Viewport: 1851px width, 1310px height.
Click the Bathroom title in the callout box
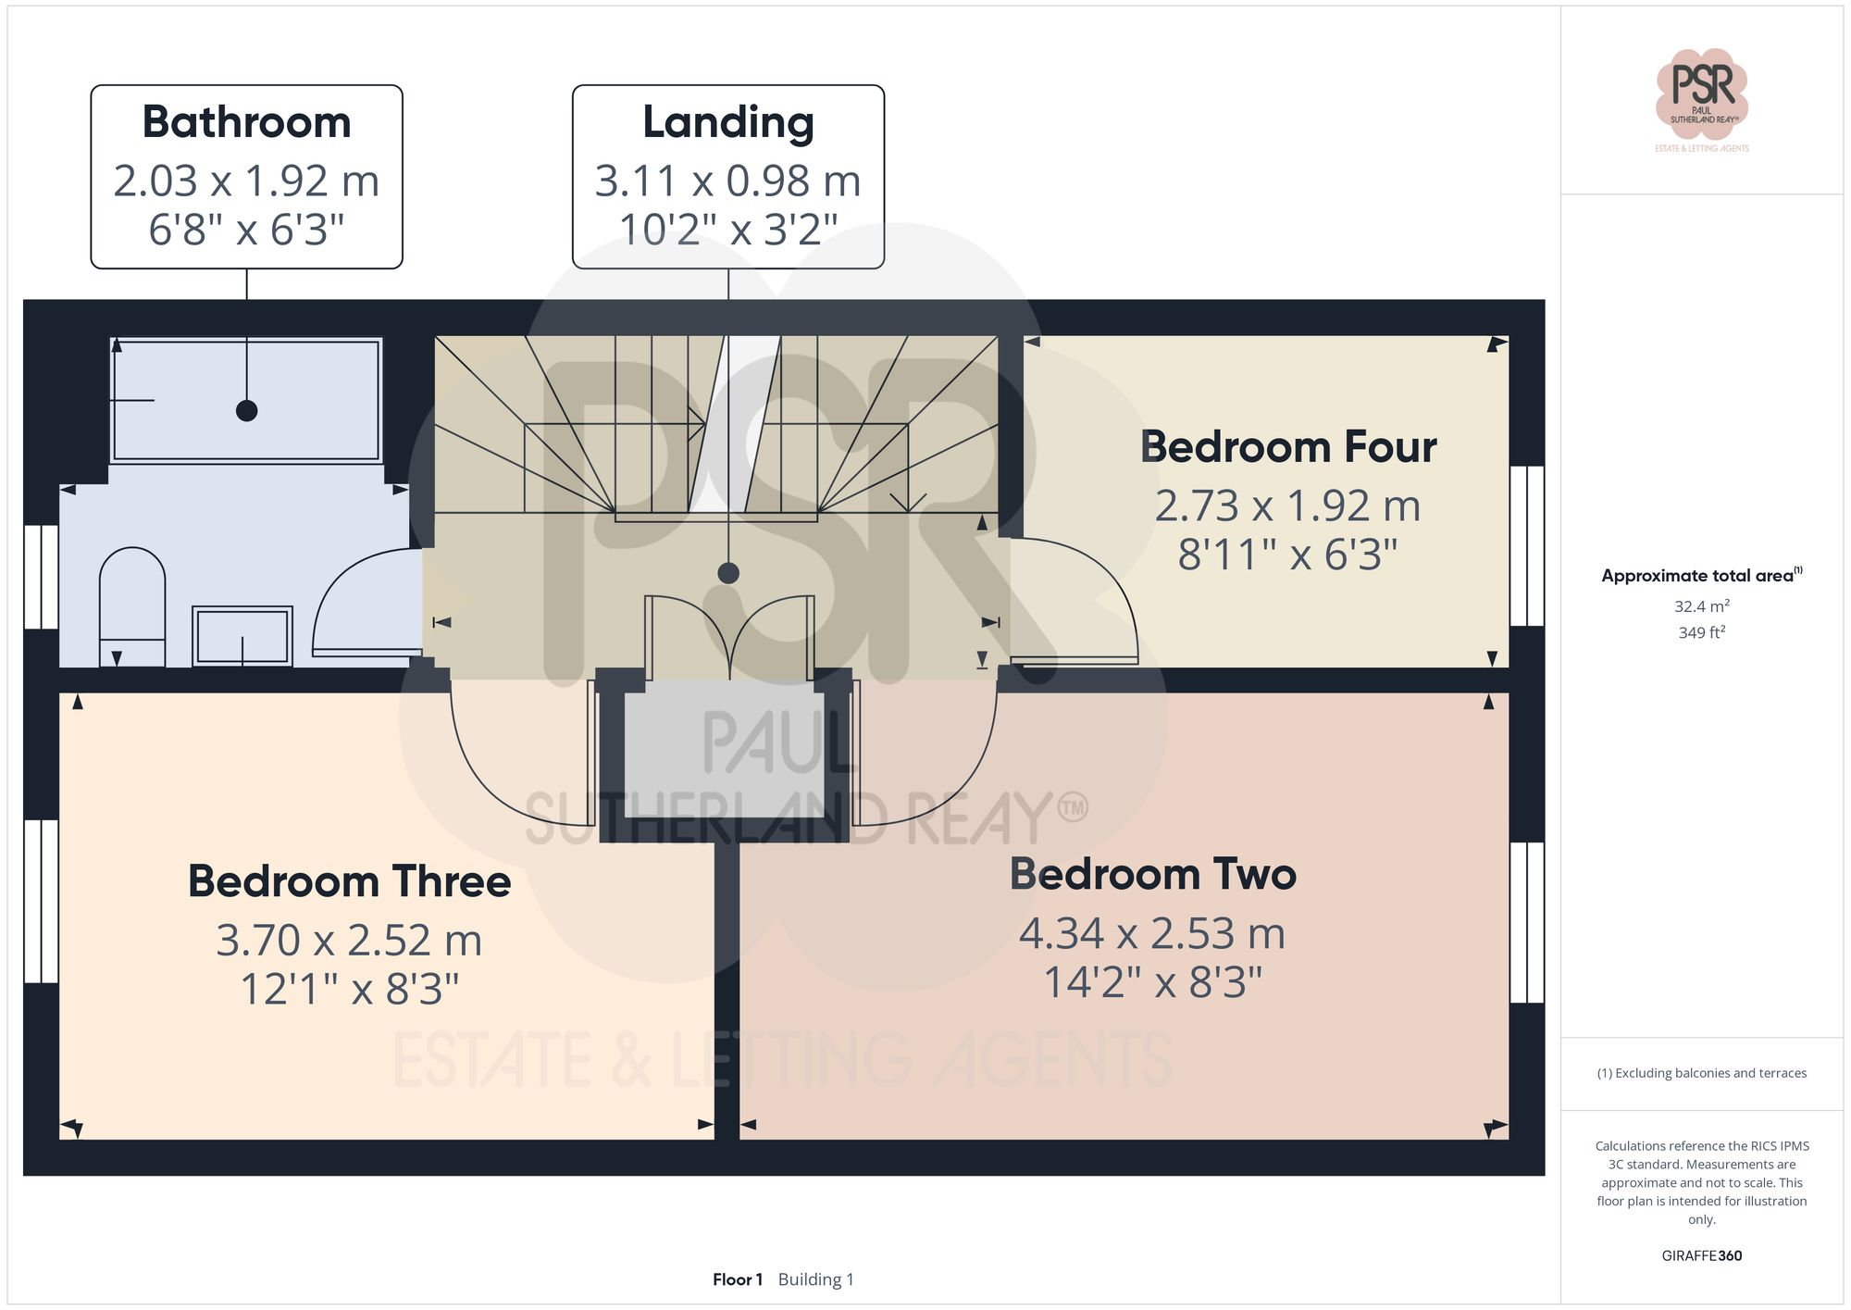[x=246, y=122]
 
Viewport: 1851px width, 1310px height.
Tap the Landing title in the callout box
[x=728, y=122]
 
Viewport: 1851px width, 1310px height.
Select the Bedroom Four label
[x=1287, y=447]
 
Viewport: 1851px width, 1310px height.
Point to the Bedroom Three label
[x=349, y=881]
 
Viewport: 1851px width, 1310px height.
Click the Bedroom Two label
[x=1152, y=874]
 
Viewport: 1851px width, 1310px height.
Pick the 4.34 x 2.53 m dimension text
[x=1152, y=933]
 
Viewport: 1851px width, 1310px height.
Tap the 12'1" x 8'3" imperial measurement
[x=349, y=989]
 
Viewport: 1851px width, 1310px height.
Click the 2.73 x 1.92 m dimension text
[x=1287, y=505]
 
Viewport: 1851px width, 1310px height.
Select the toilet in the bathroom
[x=132, y=605]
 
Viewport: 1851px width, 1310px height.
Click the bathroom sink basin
[x=242, y=635]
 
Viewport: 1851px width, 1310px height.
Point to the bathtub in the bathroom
[x=246, y=400]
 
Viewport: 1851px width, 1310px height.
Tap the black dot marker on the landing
[x=728, y=573]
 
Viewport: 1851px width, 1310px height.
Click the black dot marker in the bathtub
[x=246, y=410]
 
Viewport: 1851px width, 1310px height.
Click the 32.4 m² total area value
[x=1701, y=606]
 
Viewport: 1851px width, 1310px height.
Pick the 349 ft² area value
[x=1701, y=632]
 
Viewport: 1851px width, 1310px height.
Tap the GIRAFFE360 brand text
[x=1701, y=1255]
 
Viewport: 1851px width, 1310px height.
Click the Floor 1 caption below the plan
[x=737, y=1279]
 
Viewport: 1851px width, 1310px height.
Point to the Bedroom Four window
[x=1526, y=546]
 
